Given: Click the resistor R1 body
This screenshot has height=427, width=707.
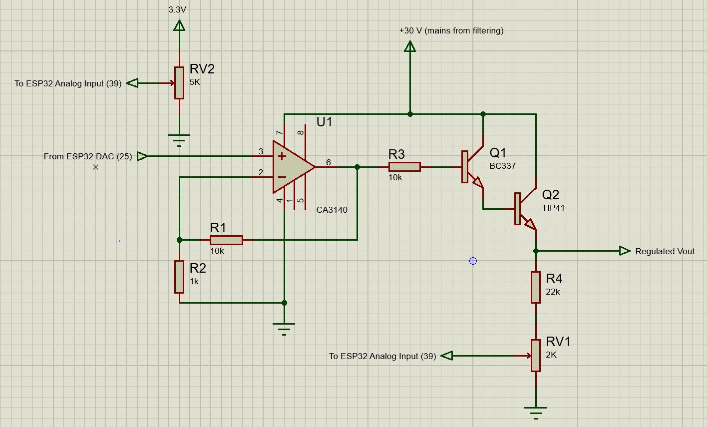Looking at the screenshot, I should click(226, 240).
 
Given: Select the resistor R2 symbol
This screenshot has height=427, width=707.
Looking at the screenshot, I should click(179, 277).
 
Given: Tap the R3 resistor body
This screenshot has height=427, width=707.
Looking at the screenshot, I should click(404, 167).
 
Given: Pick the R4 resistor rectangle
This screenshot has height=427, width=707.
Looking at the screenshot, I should click(536, 287).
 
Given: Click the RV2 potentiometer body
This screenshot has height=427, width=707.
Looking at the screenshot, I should click(179, 83).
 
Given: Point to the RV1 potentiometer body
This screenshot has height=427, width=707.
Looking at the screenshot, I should click(536, 356).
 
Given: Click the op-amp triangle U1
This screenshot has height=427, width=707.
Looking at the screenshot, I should click(292, 167).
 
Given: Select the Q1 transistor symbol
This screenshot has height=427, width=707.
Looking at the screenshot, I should click(472, 167).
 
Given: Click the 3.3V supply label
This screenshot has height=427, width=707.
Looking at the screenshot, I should click(177, 9).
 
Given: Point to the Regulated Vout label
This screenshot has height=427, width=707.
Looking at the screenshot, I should click(665, 251).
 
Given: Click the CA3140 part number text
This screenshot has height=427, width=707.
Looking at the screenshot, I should click(332, 210).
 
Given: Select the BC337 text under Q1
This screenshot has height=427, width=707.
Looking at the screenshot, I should click(502, 166).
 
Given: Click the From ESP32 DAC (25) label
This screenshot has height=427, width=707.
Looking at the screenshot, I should click(88, 156).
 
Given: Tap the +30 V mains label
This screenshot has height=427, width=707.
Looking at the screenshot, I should click(451, 30).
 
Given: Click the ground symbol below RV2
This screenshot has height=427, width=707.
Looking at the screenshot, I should click(179, 138).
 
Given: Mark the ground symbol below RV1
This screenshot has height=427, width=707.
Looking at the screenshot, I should click(536, 412).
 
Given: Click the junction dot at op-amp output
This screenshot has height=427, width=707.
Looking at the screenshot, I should click(357, 167).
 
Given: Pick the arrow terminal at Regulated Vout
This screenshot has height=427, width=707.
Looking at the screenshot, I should click(625, 251).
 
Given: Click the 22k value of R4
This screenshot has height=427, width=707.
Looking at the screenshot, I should click(553, 292).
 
